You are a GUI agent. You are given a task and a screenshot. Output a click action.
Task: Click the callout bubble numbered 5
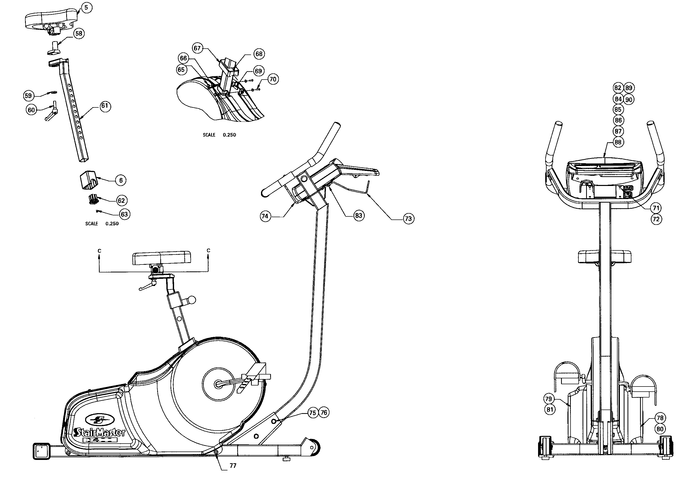[x=86, y=7]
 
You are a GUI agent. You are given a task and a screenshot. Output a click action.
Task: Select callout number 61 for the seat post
[x=105, y=106]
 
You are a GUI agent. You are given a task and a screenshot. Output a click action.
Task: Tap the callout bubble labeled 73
[x=408, y=219]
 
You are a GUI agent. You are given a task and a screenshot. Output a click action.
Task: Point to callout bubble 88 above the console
[x=618, y=142]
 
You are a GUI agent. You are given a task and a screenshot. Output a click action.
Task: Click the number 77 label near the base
[x=233, y=466]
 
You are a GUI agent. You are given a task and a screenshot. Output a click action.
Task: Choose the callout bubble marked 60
[x=31, y=110]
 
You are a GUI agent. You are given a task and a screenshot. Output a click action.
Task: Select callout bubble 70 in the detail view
[x=272, y=79]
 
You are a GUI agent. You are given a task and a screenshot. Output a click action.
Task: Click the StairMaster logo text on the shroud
[x=100, y=432]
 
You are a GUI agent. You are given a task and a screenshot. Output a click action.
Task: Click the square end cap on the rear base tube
[x=41, y=451]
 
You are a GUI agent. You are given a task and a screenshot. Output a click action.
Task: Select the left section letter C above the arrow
[x=99, y=251]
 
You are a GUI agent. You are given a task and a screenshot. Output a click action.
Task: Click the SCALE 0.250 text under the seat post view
[x=102, y=224]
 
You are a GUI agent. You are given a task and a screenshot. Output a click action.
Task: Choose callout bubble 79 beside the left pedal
[x=549, y=399]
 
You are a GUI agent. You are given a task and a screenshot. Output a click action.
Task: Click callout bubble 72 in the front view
[x=656, y=219]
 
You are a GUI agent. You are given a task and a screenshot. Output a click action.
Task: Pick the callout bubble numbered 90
[x=629, y=100]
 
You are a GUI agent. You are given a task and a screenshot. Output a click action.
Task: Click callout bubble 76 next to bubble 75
[x=324, y=413]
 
